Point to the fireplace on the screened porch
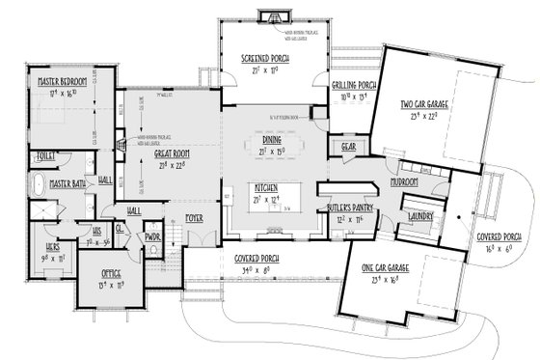271,16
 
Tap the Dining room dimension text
271,151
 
